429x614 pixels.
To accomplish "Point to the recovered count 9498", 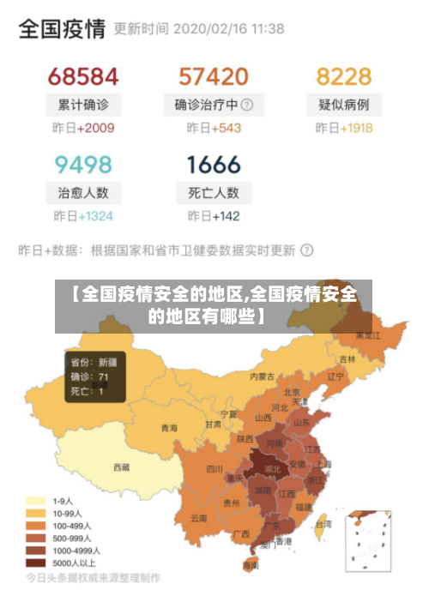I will point(82,164).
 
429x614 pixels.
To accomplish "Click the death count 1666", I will point(213,164).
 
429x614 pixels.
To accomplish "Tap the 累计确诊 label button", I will point(83,105).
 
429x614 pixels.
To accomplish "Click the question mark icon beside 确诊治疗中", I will point(247,105).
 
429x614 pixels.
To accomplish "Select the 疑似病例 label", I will point(343,105).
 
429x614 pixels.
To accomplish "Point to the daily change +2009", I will point(95,129).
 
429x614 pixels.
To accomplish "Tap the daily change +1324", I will point(95,216).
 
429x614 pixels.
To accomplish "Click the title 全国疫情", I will point(62,29).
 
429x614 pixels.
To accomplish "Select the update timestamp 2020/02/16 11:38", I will point(228,29).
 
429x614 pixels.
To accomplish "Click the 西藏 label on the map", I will point(122,467).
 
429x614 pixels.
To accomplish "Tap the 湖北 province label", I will point(272,470).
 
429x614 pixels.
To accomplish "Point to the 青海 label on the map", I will point(169,427).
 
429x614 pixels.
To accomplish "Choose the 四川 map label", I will point(214,468).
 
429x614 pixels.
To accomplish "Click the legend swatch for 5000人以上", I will point(36,563).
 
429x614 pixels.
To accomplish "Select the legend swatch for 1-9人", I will point(36,501).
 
